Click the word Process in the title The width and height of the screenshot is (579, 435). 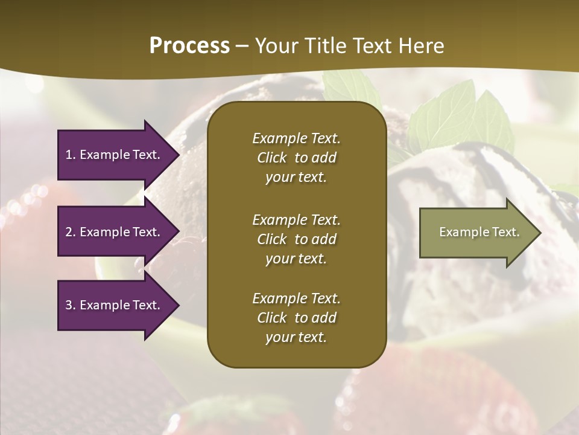pos(189,45)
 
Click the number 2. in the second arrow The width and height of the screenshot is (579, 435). pos(71,232)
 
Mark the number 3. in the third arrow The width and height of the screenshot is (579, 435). pos(71,305)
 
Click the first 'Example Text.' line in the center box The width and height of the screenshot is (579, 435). pos(296,138)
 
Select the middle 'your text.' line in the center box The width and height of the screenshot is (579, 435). pos(296,259)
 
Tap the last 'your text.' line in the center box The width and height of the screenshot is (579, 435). pos(296,338)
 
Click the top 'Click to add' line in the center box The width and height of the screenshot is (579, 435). pos(296,158)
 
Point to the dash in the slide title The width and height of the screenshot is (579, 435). pos(242,46)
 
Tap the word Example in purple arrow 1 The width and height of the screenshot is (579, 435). pos(102,155)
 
